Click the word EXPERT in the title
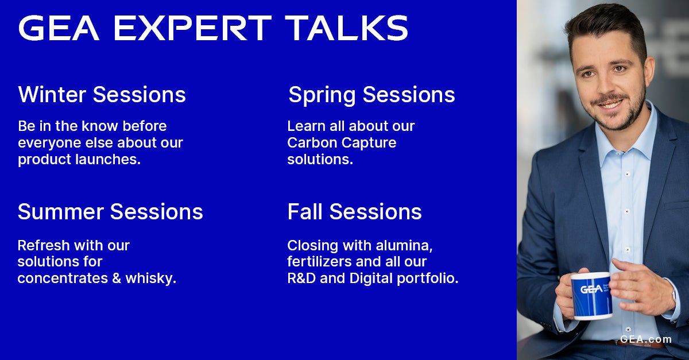193,28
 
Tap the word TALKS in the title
347,28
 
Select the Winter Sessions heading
102,95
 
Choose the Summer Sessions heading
110,212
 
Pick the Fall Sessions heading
354,212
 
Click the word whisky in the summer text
150,278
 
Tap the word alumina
404,246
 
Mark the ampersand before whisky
117,278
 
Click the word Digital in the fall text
371,279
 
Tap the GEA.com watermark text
645,339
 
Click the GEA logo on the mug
591,289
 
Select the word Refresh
44,246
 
